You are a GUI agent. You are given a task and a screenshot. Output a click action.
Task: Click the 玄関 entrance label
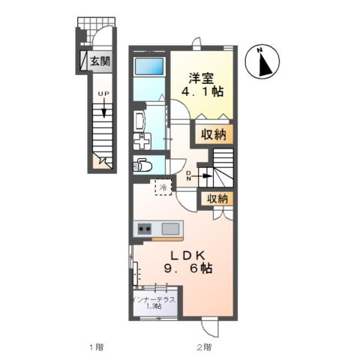100,61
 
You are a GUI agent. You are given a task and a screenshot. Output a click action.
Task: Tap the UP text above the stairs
103,94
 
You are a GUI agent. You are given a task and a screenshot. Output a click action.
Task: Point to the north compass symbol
262,61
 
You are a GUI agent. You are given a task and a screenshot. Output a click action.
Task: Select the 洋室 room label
201,78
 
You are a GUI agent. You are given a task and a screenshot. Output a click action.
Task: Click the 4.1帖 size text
202,91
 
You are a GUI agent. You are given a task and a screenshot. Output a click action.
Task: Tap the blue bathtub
149,66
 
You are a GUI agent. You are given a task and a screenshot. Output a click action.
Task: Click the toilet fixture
142,164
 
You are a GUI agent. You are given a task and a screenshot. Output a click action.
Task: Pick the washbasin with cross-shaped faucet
142,141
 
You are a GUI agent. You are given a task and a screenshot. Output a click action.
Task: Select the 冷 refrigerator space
163,187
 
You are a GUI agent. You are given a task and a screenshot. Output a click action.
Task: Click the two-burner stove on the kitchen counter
145,229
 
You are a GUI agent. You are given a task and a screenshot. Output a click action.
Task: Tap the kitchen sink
170,229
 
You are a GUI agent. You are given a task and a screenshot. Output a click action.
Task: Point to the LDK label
188,256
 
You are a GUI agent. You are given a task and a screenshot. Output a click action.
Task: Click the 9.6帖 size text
188,268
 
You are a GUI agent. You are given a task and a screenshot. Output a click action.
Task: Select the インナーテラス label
154,300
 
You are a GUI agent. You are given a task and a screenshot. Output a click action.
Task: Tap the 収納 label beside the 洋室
214,135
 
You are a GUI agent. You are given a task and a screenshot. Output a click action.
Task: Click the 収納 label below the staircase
217,199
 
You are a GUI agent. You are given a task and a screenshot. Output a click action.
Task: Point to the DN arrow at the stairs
202,175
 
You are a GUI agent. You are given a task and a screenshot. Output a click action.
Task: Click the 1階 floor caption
97,347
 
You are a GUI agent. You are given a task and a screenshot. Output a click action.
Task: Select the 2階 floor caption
204,347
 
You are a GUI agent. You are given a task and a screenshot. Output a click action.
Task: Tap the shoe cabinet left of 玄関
83,61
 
